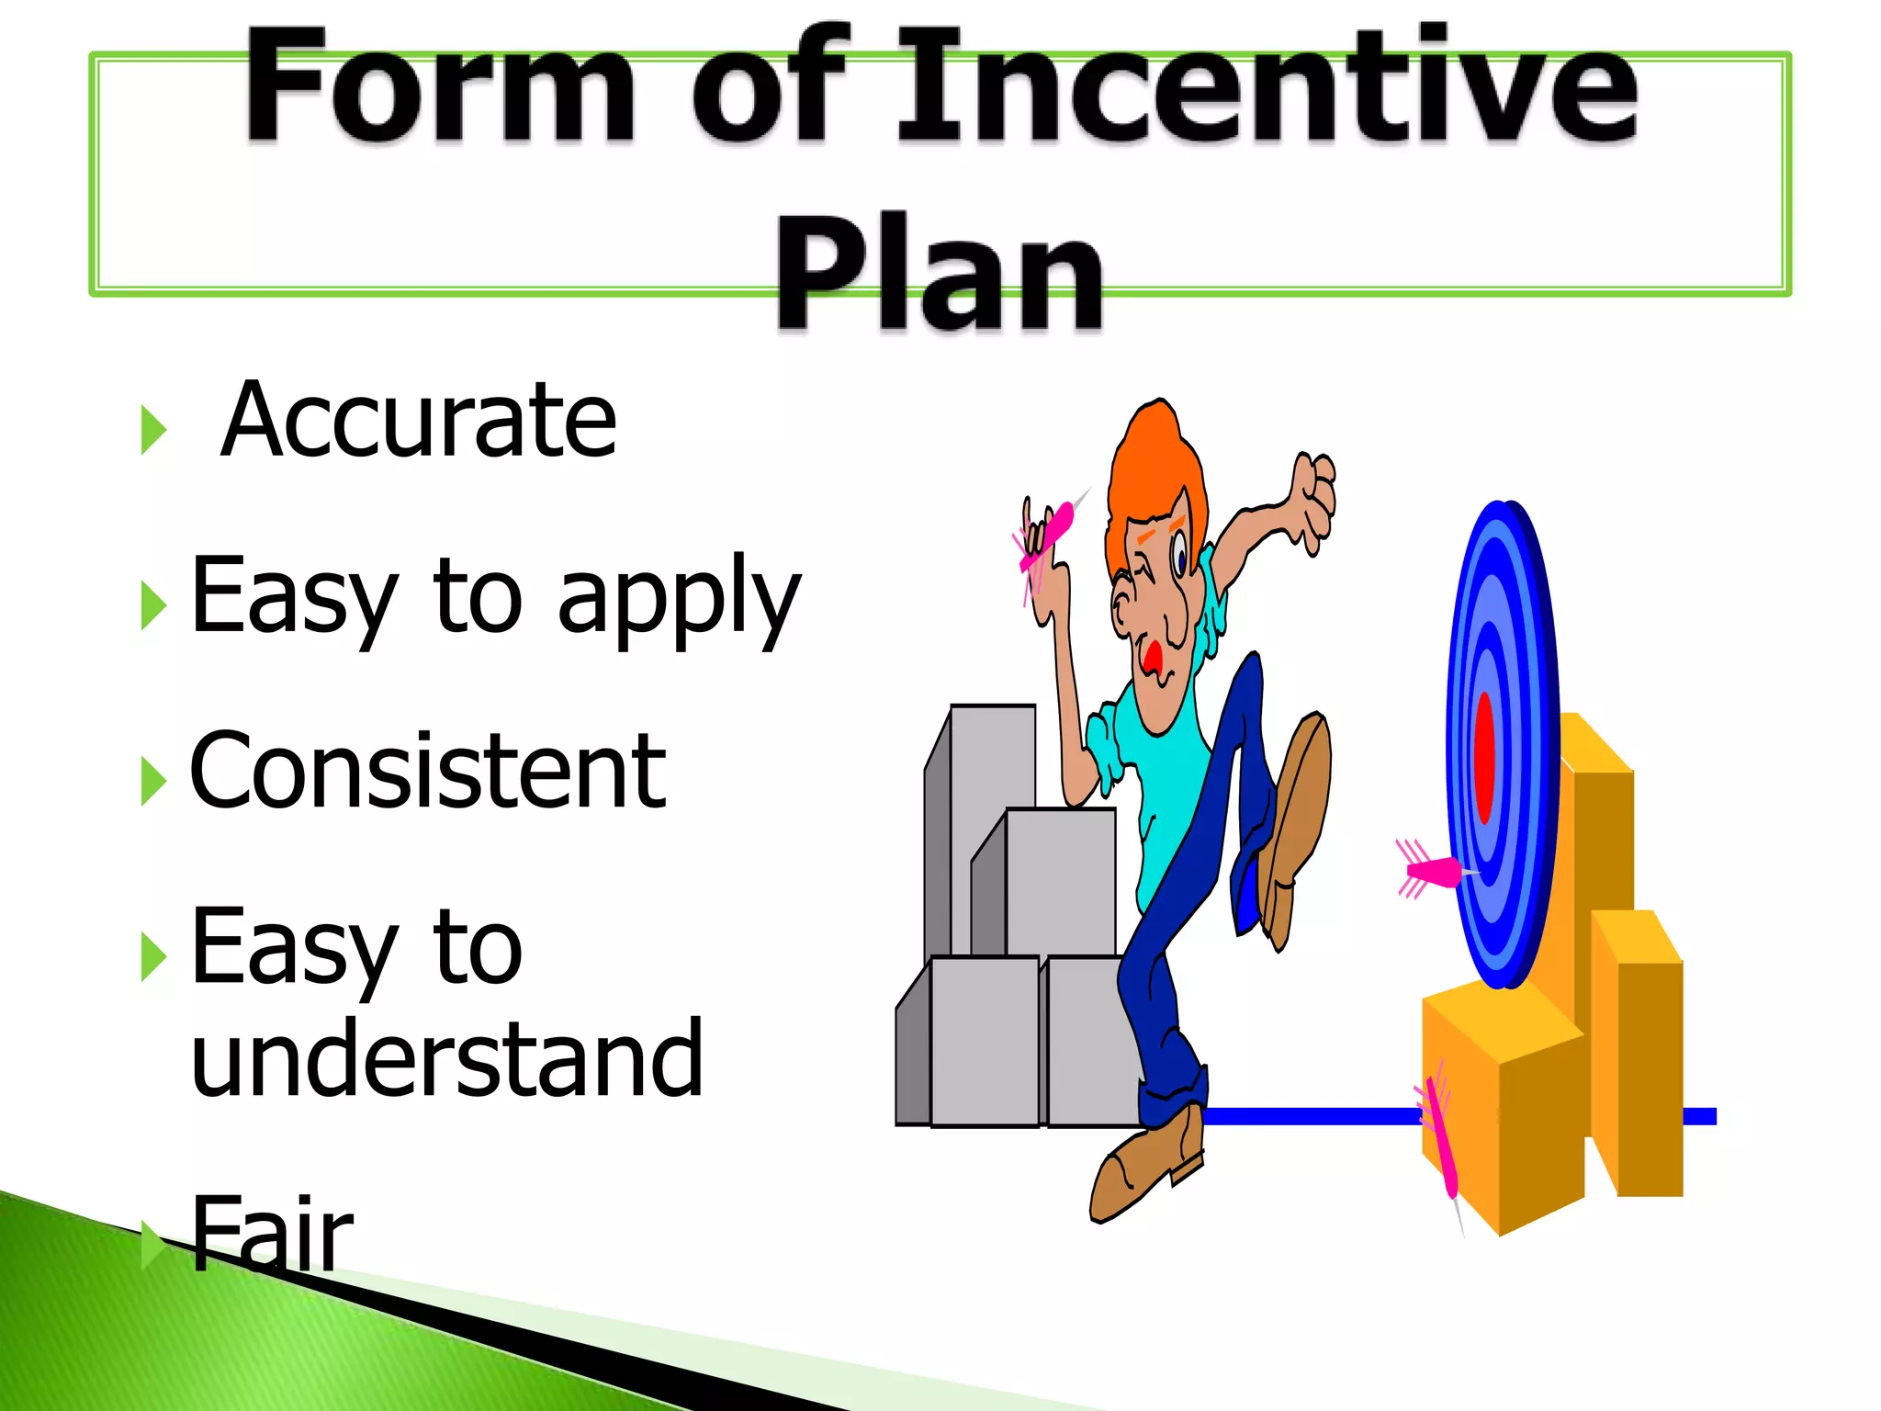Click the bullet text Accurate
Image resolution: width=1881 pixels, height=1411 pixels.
[x=419, y=421]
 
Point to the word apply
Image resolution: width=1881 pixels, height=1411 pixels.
[x=680, y=602]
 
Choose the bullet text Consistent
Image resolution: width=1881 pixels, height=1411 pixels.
[x=427, y=772]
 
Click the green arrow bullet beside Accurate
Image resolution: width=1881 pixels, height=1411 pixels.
[x=153, y=429]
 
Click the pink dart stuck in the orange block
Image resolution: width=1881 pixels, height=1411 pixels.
[x=1441, y=1139]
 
